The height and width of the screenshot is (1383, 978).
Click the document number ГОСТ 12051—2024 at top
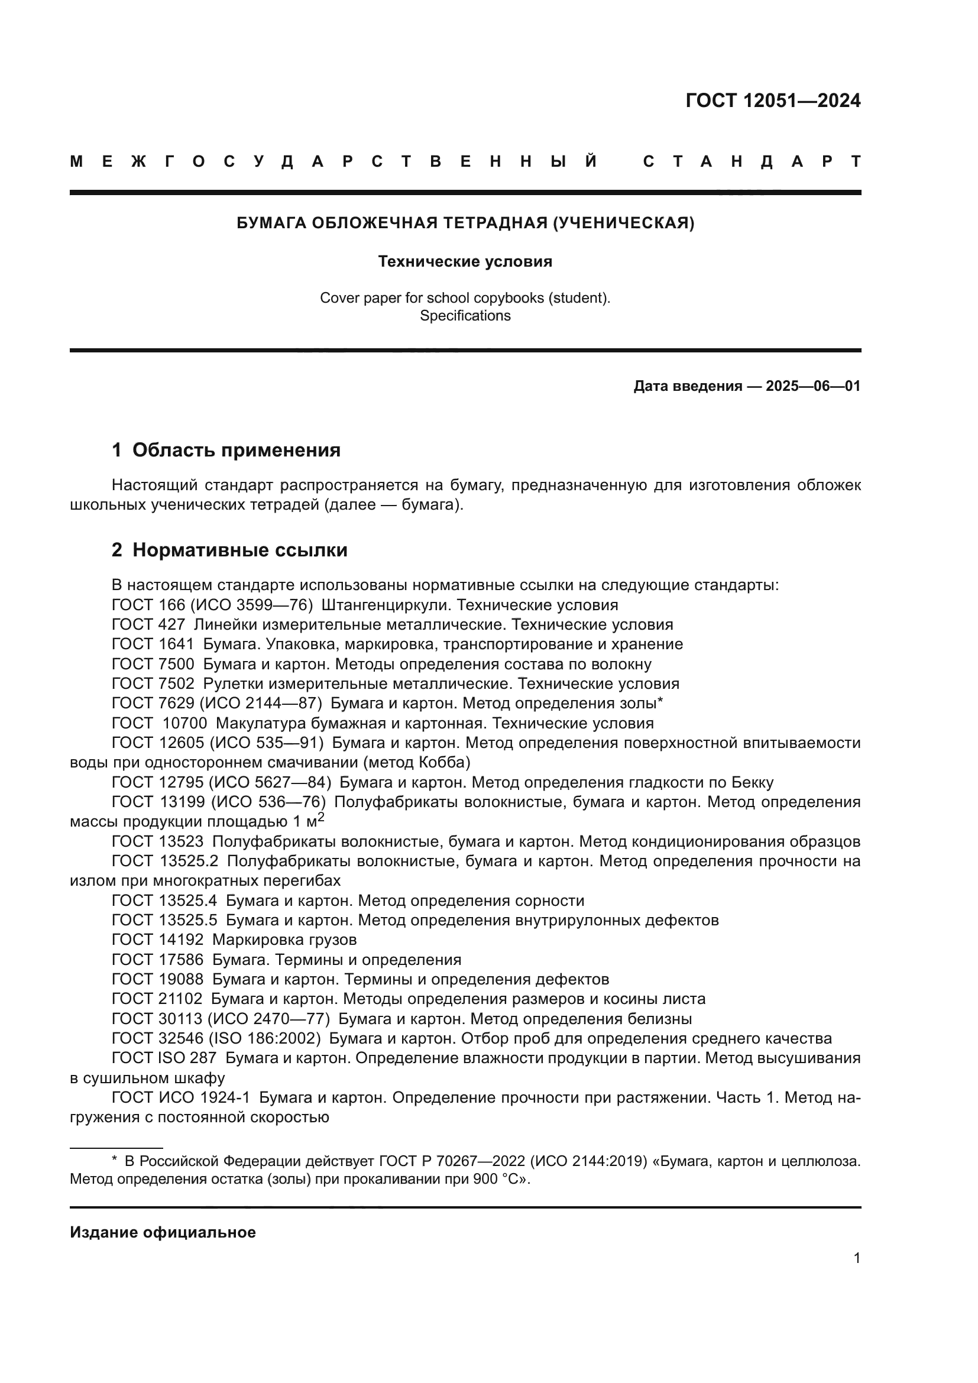click(x=773, y=101)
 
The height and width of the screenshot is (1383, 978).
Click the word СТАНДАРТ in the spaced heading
click(x=752, y=161)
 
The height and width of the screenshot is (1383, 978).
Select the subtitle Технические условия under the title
click(x=465, y=261)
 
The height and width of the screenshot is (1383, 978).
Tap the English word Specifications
click(x=465, y=316)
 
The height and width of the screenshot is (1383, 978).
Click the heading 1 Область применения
click(x=226, y=450)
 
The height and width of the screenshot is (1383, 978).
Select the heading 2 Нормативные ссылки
click(x=229, y=550)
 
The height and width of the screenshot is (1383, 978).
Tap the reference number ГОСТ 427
click(x=148, y=624)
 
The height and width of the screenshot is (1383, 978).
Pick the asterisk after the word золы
click(x=660, y=702)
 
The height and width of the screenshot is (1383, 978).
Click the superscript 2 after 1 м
click(x=321, y=817)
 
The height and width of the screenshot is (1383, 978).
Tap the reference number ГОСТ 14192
click(x=158, y=940)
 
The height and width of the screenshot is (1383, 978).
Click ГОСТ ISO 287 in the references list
click(x=164, y=1058)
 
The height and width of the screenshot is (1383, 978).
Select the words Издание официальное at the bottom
click(x=163, y=1232)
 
